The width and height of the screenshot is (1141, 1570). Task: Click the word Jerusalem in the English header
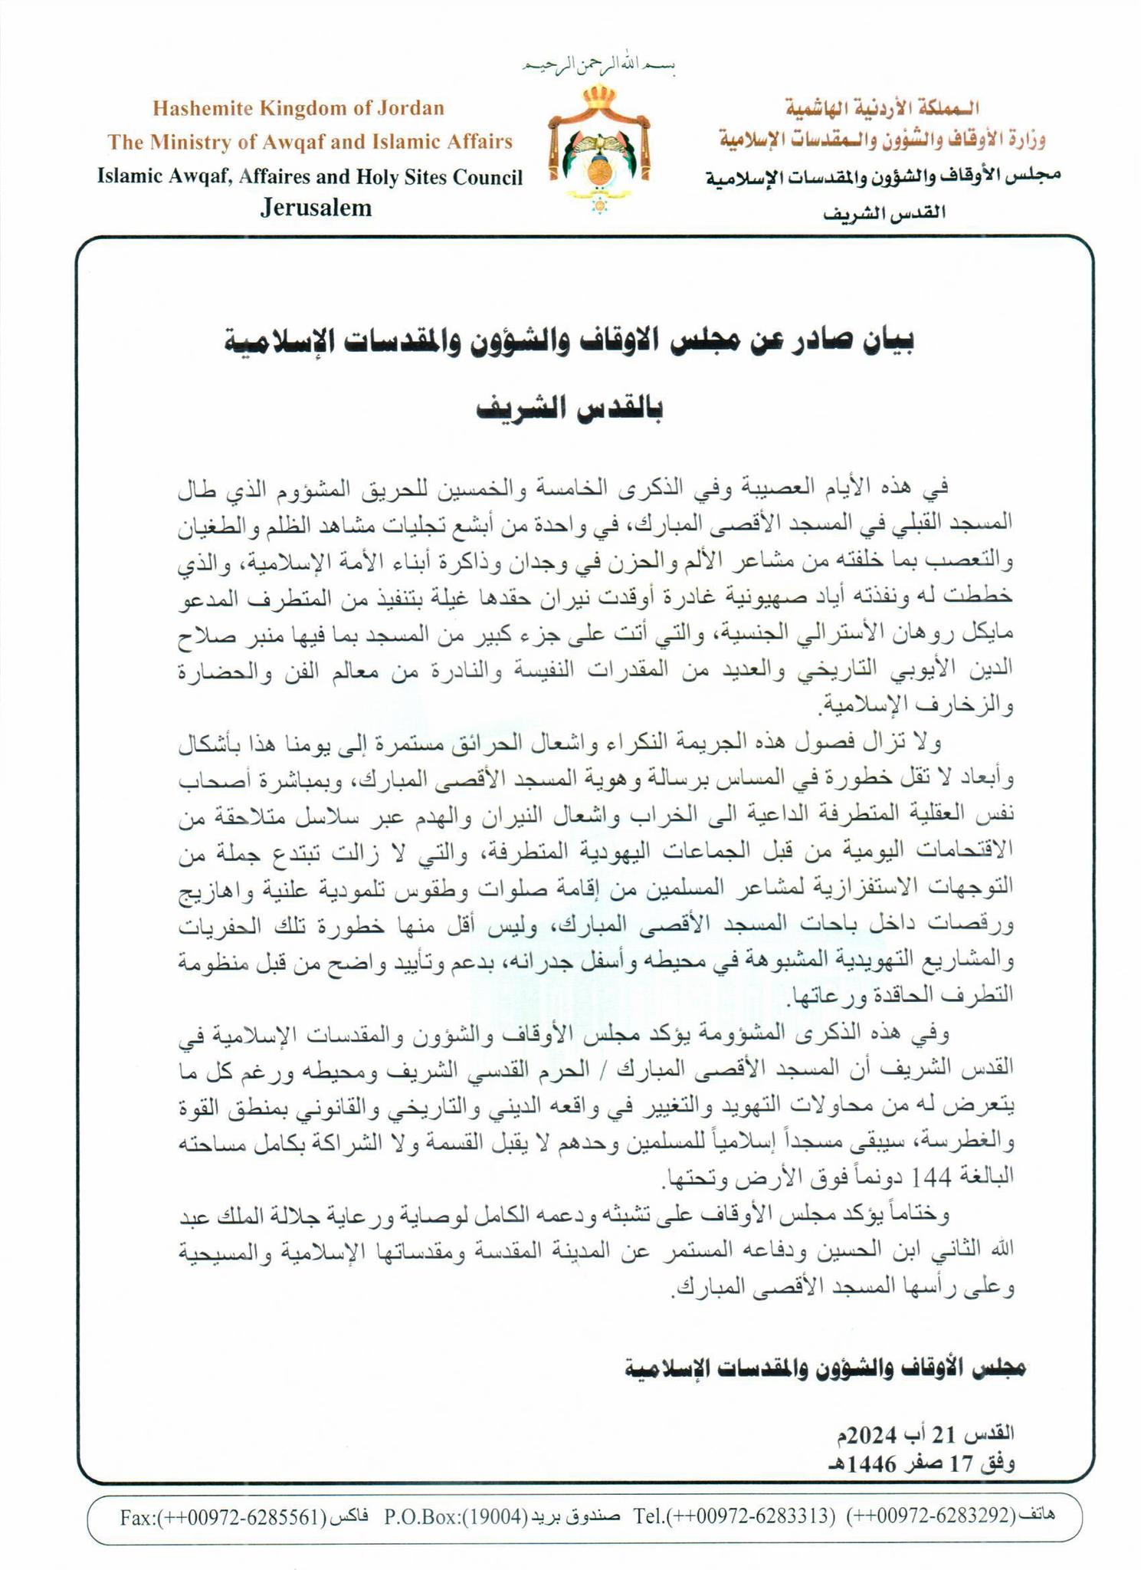pyautogui.click(x=316, y=208)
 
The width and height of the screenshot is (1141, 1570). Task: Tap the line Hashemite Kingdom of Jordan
pyautogui.click(x=298, y=107)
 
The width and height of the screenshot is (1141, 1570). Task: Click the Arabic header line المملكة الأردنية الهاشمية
pyautogui.click(x=881, y=107)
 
